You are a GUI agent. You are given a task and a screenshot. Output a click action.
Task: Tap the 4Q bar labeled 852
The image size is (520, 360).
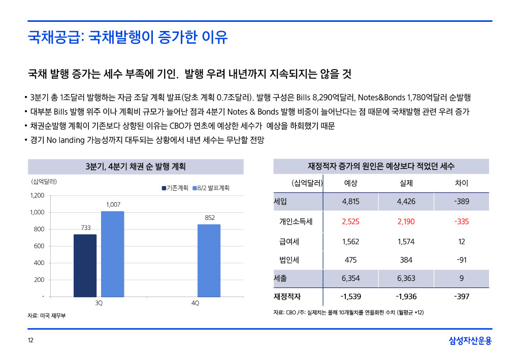tap(209, 260)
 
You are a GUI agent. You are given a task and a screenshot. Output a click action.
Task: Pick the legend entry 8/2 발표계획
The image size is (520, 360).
tap(211, 188)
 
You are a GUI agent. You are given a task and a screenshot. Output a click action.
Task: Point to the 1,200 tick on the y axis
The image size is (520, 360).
tap(37, 195)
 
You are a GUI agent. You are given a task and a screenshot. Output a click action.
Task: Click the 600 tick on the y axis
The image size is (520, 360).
tap(39, 246)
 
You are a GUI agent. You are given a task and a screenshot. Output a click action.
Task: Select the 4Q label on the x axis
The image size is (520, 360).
tap(195, 303)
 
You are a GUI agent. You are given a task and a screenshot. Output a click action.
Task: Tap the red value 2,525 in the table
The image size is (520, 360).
tap(350, 221)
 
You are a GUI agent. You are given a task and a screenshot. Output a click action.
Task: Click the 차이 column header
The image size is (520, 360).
tap(461, 183)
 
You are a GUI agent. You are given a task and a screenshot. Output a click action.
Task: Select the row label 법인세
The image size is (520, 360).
tap(289, 260)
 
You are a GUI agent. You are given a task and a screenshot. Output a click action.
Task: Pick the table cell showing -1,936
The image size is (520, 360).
tap(406, 296)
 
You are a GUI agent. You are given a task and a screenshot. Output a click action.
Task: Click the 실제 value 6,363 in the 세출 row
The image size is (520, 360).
tap(406, 278)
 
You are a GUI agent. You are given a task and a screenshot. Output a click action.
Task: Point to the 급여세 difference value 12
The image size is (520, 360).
tap(461, 242)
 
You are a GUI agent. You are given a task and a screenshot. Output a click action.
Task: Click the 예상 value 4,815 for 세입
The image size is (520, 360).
tap(350, 202)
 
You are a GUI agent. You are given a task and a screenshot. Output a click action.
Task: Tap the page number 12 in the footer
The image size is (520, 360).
tap(30, 341)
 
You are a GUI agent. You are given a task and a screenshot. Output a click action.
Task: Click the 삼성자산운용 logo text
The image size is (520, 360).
tap(470, 341)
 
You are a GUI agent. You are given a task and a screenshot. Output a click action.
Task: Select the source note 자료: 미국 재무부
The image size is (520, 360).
tap(46, 316)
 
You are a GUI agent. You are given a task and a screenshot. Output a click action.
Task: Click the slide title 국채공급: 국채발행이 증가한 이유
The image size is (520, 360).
tap(127, 37)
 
